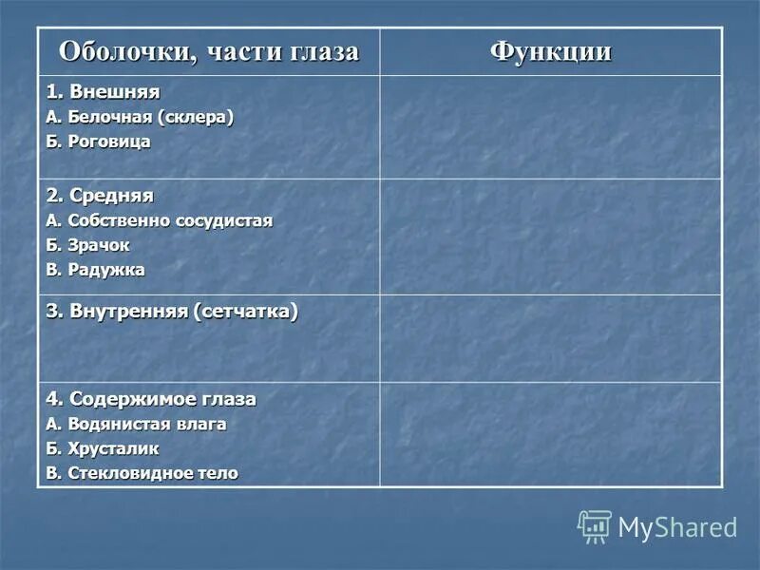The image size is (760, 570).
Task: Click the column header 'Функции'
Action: click(551, 51)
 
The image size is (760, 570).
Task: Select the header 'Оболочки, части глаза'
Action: click(209, 51)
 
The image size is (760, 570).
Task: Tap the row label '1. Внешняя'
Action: click(104, 93)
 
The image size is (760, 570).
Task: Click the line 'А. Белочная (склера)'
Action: click(140, 117)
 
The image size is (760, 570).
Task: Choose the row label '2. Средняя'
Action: click(100, 196)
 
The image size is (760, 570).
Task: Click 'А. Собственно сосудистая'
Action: click(159, 220)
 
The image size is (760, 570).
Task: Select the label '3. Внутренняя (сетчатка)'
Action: click(172, 312)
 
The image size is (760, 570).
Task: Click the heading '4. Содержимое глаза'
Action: click(151, 399)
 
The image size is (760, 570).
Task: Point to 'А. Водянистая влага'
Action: click(136, 424)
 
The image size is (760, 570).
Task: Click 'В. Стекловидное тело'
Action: click(142, 473)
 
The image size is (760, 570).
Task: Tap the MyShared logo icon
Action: click(595, 526)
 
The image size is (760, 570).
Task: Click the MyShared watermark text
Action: click(677, 527)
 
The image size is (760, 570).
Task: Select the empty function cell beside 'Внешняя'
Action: click(551, 127)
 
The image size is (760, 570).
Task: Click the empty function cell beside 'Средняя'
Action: click(551, 237)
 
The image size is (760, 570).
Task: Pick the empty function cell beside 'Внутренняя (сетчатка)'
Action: click(551, 338)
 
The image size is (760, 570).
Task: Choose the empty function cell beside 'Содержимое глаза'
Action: click(551, 434)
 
